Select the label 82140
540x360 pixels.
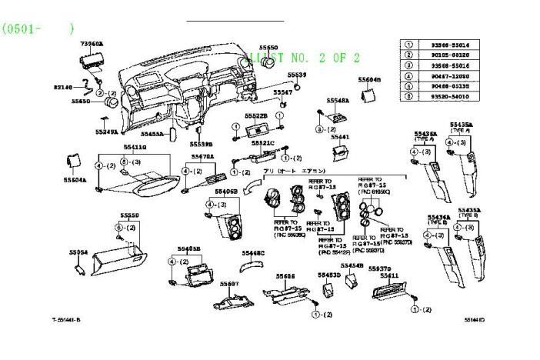[63, 87]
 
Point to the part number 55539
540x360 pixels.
[297, 75]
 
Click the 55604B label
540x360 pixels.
[368, 80]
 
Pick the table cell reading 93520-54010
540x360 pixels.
[451, 96]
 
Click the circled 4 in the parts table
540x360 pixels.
[409, 75]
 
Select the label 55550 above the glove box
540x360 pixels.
[129, 215]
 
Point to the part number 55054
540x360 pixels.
[78, 251]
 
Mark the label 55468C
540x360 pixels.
[253, 252]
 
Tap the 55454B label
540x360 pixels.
[352, 265]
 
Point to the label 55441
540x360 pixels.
[339, 137]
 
